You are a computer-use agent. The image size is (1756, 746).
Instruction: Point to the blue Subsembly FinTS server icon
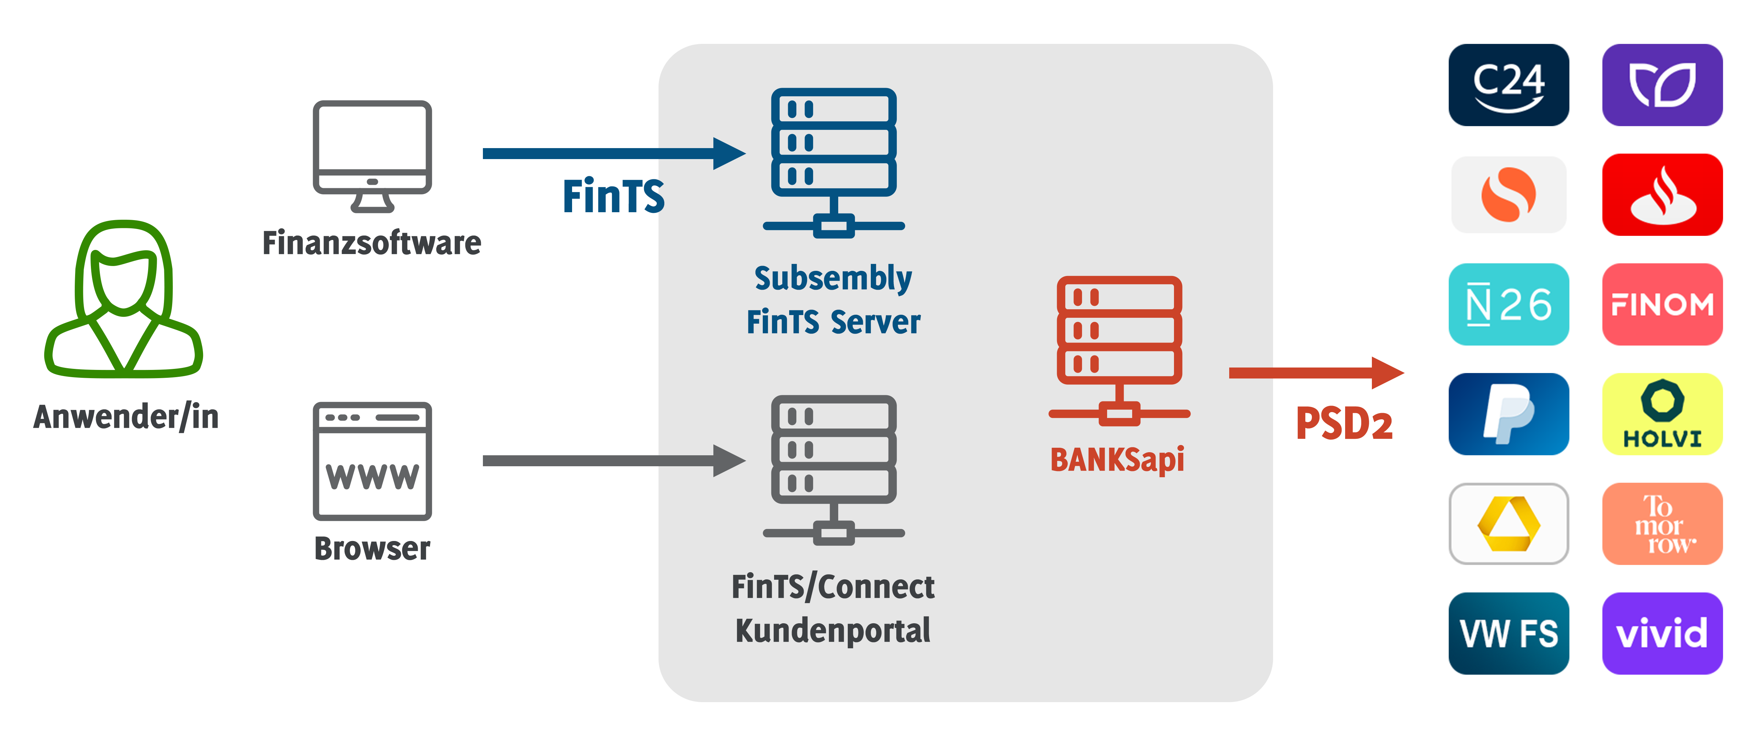(x=833, y=162)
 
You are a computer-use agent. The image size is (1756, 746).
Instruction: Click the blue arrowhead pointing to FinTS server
(x=728, y=153)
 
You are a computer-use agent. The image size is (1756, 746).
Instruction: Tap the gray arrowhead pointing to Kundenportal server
(x=728, y=460)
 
